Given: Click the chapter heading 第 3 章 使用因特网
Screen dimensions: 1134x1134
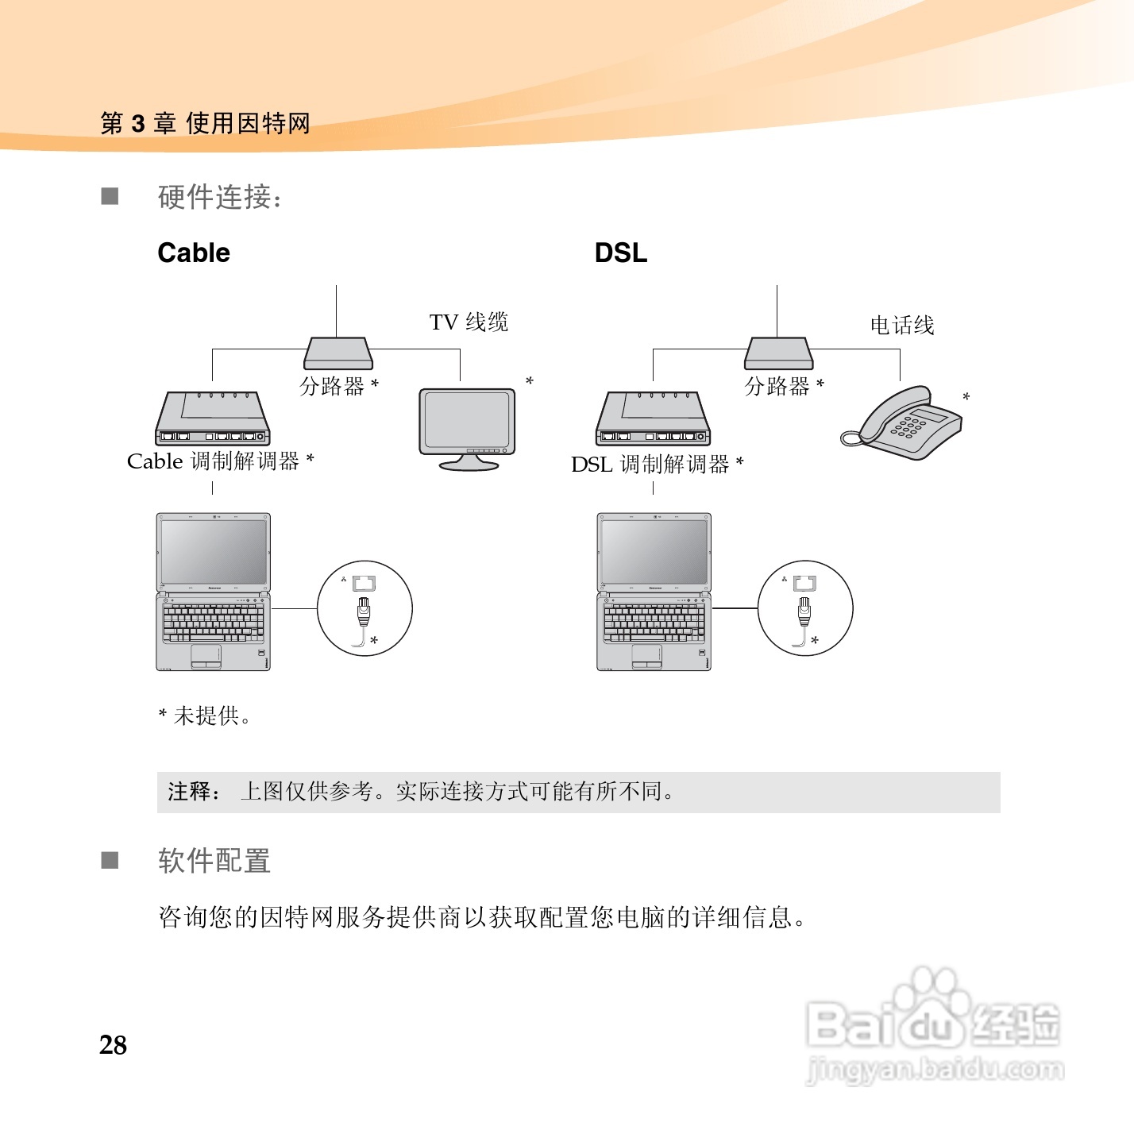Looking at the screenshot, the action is click(205, 124).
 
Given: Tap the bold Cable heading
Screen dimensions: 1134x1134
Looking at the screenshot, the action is click(194, 253).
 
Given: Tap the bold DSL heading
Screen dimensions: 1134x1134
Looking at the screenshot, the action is click(620, 253).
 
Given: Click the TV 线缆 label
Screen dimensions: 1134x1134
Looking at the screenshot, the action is click(469, 322).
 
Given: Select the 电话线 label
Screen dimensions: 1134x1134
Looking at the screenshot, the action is click(902, 326).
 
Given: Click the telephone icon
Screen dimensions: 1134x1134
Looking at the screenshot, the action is click(904, 422).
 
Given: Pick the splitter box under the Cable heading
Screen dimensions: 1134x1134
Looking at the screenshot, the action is click(337, 353).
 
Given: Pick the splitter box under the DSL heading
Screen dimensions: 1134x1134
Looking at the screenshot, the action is click(778, 353).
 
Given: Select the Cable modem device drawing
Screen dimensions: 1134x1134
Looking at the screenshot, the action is click(212, 418).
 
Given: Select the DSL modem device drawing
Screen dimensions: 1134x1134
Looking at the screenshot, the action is click(653, 418).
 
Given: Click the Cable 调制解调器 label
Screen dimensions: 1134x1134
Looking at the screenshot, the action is click(220, 461).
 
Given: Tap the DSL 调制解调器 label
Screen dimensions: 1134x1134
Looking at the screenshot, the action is click(657, 464).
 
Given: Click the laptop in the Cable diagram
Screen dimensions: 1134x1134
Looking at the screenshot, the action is click(213, 591).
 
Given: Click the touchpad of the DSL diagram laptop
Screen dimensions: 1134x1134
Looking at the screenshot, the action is click(646, 655).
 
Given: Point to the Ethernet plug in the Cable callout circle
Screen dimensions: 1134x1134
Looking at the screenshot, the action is click(364, 611).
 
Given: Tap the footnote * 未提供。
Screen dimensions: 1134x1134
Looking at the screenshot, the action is click(205, 716).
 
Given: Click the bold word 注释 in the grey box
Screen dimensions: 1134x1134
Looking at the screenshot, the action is click(190, 792).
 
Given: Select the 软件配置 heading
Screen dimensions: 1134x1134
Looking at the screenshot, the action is click(214, 861).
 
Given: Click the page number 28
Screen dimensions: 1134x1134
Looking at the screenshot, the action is click(114, 1045).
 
